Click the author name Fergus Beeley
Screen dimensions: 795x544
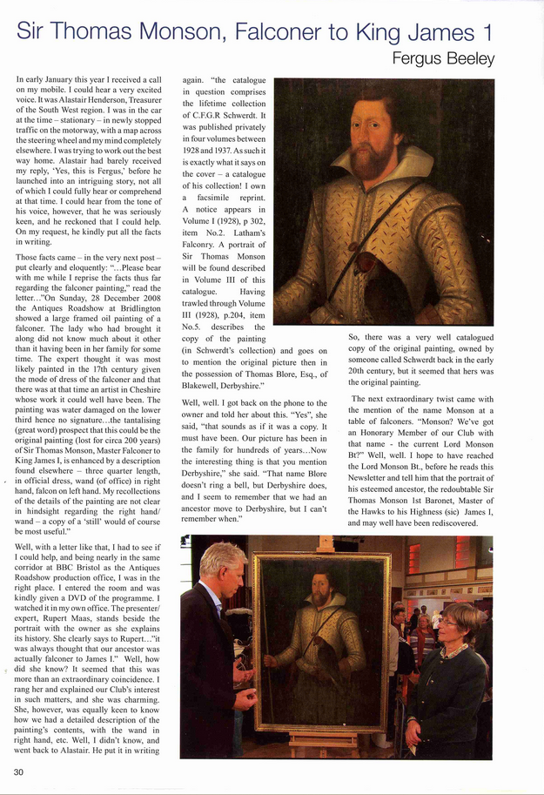[444, 59]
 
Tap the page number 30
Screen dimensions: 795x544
[19, 771]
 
